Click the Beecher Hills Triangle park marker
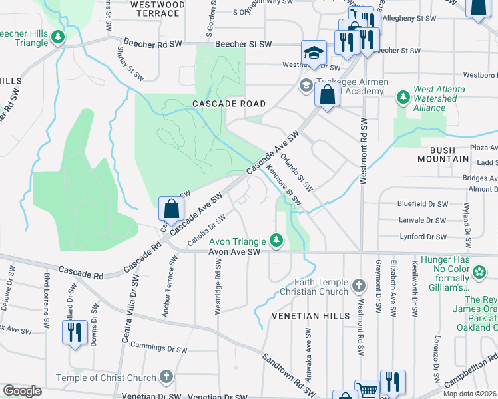pos(59,37)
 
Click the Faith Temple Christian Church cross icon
pos(359,286)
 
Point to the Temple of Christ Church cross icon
pos(166,378)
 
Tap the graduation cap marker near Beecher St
pos(313,53)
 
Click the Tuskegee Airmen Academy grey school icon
pos(306,85)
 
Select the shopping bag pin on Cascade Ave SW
pos(171,208)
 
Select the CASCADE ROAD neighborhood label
pos(228,104)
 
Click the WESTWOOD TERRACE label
pos(157,8)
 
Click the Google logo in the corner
pos(22,391)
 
